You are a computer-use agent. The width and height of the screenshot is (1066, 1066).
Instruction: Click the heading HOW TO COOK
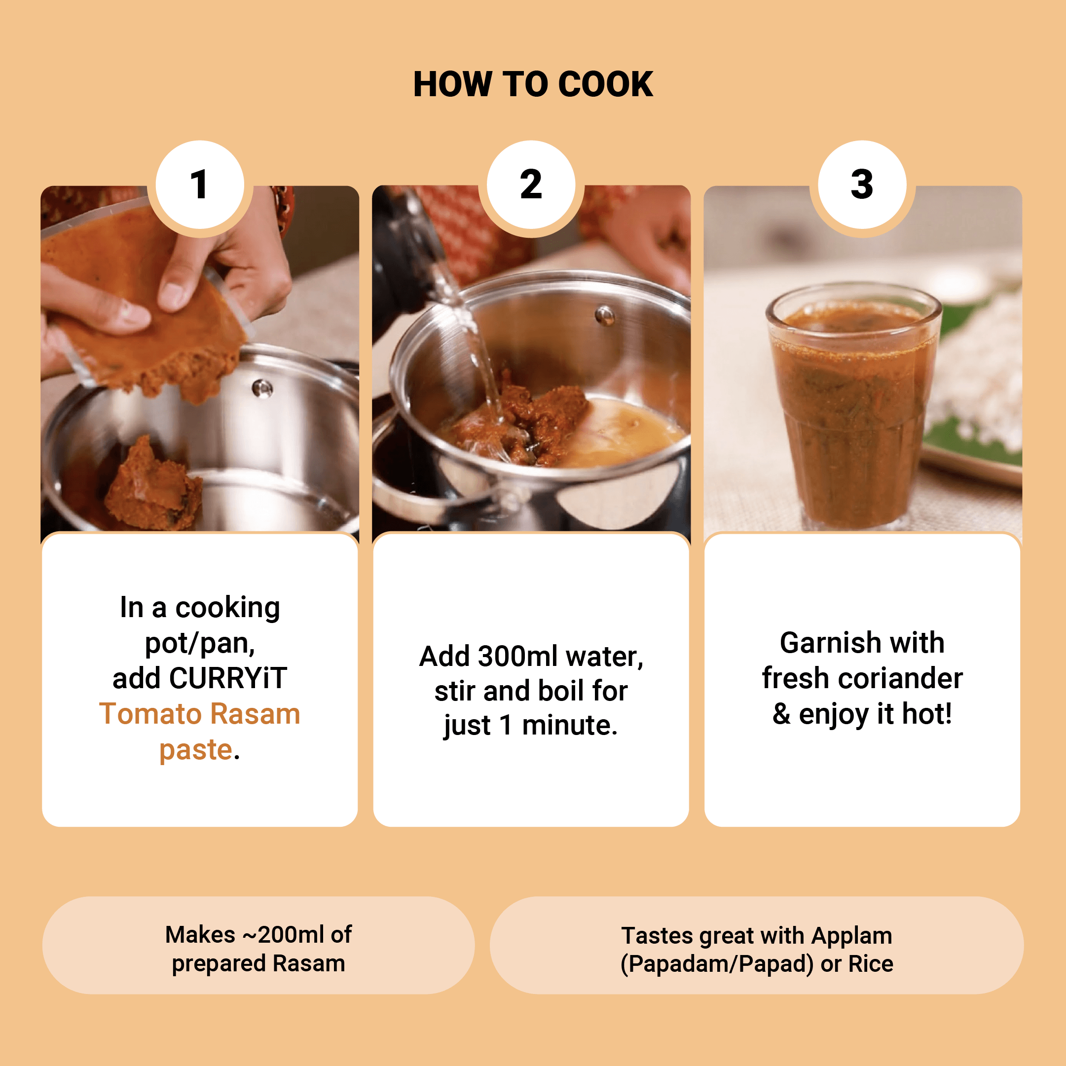[533, 84]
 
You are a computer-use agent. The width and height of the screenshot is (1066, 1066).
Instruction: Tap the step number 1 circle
[200, 184]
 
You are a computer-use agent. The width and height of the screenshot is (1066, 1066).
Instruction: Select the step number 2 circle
[531, 184]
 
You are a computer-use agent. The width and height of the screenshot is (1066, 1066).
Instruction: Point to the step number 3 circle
[862, 184]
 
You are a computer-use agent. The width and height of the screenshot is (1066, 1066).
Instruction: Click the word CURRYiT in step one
[228, 678]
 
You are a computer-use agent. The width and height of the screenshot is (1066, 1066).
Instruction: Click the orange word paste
[196, 750]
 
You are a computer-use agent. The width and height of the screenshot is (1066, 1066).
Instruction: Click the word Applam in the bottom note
[852, 936]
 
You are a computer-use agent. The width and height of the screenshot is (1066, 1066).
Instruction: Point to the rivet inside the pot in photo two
[605, 316]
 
